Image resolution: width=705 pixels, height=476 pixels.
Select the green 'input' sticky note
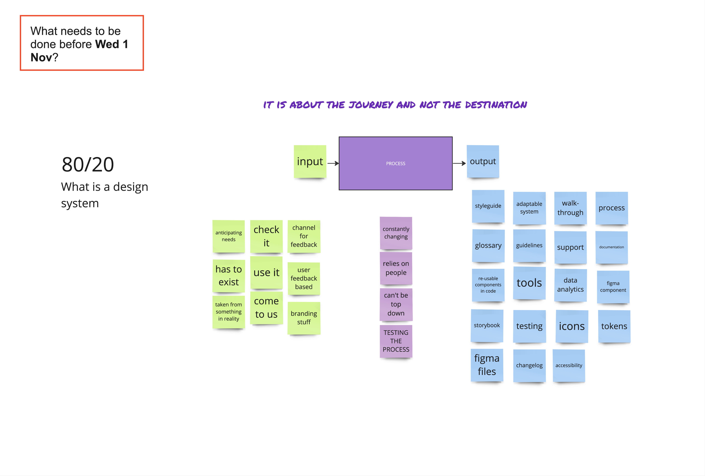point(310,161)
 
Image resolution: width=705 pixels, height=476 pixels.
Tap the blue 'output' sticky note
point(483,161)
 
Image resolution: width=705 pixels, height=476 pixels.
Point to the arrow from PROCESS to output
point(459,163)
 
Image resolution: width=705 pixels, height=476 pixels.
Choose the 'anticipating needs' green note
point(228,236)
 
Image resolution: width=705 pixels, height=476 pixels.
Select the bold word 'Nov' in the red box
point(41,57)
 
